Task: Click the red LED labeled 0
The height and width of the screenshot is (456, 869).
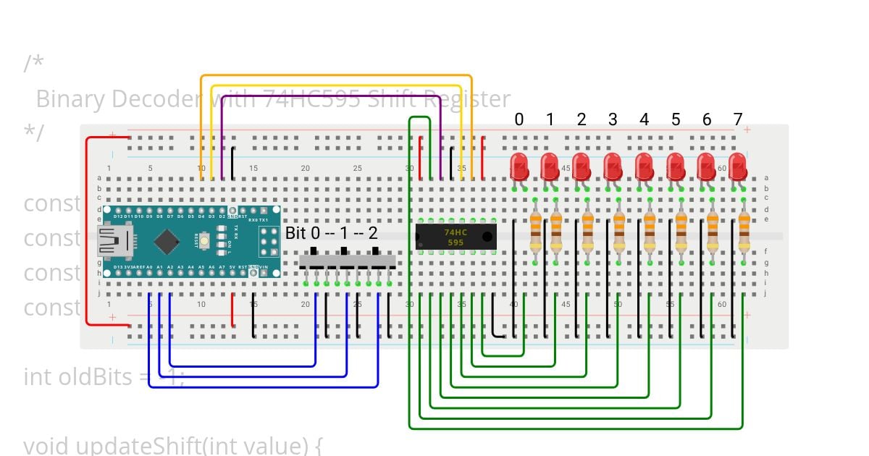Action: [519, 166]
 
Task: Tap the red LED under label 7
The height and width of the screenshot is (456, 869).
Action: [738, 166]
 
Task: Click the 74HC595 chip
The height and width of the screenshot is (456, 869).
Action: [456, 237]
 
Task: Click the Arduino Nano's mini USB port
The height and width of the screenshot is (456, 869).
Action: [114, 240]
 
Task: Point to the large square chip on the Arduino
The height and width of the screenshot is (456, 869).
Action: [167, 241]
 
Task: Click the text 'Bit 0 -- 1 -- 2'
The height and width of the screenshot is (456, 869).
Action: [332, 233]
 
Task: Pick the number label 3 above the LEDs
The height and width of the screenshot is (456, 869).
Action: [613, 119]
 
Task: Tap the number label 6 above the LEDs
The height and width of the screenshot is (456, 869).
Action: [707, 119]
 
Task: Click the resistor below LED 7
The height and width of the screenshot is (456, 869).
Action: [744, 230]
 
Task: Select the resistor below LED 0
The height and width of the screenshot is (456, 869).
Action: [536, 230]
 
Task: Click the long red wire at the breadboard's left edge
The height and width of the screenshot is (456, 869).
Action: [87, 232]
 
